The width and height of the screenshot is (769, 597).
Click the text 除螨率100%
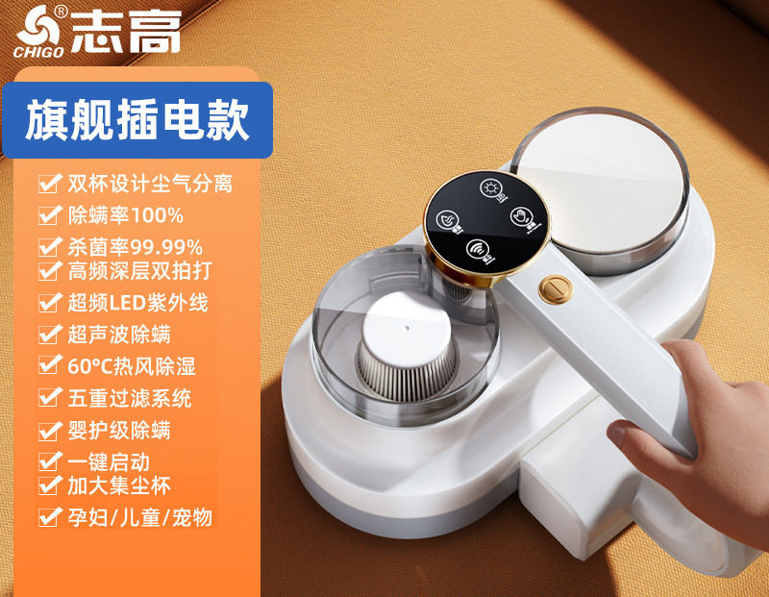[x=126, y=214]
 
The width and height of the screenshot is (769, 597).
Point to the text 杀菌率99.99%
[x=135, y=247]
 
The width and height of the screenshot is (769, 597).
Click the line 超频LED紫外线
[x=137, y=303]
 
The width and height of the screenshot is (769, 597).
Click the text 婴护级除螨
[x=120, y=430]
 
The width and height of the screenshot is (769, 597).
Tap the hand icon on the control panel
[x=522, y=214]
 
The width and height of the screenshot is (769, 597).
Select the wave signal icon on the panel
[x=479, y=253]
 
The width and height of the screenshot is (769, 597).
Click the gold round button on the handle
[x=552, y=286]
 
